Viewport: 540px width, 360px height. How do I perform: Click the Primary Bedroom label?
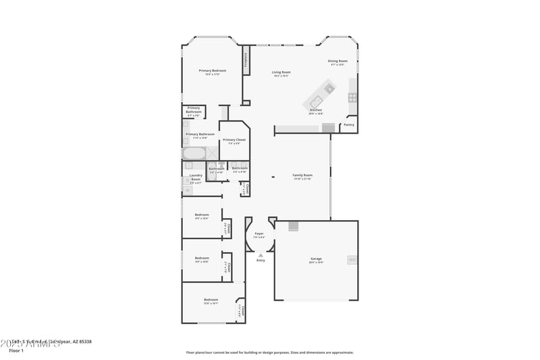click(212, 70)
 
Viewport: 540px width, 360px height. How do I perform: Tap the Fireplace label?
click(246, 63)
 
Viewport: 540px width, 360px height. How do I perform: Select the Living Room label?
click(281, 72)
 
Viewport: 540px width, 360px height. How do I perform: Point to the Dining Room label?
click(337, 61)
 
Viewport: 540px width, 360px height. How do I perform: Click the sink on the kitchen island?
click(329, 87)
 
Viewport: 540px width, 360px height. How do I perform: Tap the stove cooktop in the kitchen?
click(352, 97)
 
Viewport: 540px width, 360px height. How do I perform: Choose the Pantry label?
click(349, 124)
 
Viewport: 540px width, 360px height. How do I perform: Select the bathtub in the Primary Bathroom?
click(193, 154)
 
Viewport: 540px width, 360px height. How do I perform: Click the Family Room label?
click(302, 175)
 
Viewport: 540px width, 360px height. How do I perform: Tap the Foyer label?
click(259, 234)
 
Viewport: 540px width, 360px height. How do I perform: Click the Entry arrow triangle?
click(261, 255)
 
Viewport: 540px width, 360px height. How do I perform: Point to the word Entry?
click(261, 260)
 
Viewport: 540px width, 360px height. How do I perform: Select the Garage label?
click(316, 259)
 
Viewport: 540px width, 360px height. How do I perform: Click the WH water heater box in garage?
click(352, 260)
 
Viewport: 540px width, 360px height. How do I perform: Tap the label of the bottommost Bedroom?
click(211, 299)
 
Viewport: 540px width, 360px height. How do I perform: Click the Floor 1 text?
click(16, 351)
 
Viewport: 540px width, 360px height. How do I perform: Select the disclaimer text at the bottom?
click(269, 352)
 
